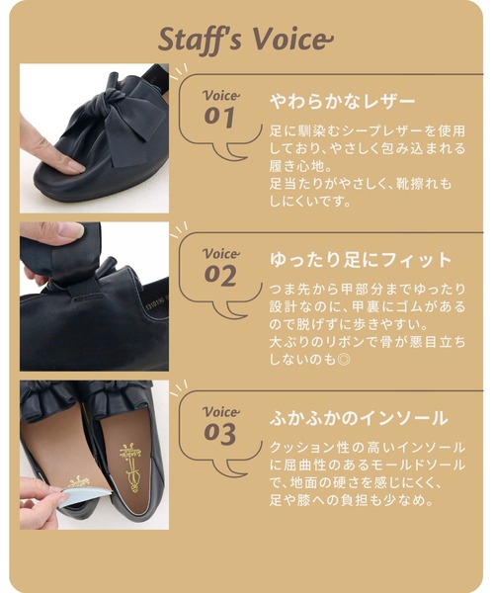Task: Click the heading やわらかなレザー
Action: pos(342,101)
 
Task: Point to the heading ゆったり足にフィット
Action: pos(360,260)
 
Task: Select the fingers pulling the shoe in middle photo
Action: pos(49,237)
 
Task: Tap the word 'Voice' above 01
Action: pos(220,95)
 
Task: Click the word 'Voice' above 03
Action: pos(220,410)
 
